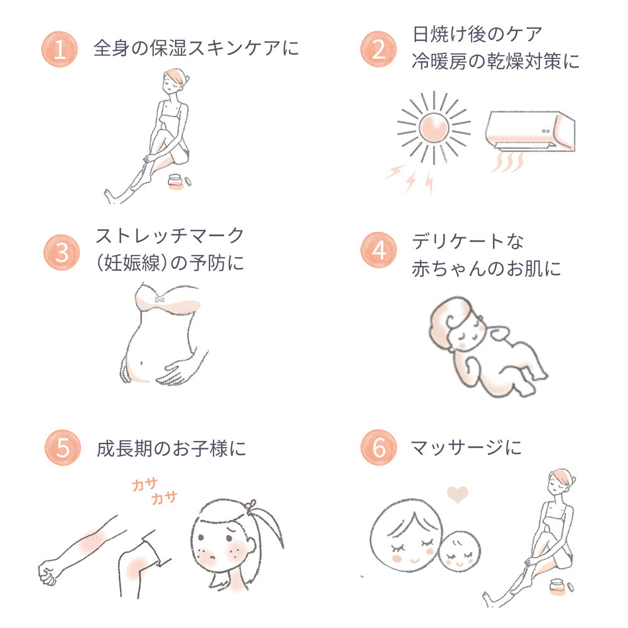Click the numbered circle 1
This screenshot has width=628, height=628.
point(60,49)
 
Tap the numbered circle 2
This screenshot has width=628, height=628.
point(379,49)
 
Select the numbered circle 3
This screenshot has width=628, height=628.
point(62,252)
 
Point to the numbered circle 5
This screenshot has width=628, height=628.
point(63,447)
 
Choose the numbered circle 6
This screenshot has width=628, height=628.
point(379,447)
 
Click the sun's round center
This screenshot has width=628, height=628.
point(434,127)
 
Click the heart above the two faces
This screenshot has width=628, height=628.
point(457,494)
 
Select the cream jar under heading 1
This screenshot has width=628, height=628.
point(175,181)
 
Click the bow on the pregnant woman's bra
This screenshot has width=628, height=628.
point(160,299)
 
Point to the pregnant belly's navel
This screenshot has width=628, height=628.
point(141,364)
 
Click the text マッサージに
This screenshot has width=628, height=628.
point(466,447)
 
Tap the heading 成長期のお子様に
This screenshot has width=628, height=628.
point(171,448)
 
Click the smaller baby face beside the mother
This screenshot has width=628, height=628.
point(460,551)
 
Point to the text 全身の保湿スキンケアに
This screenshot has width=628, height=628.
point(196,48)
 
